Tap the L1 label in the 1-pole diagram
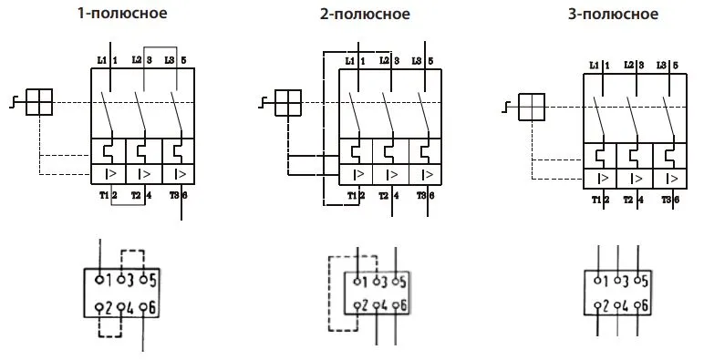(x=100, y=60)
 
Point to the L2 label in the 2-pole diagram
(x=384, y=61)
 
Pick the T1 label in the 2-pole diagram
(x=347, y=196)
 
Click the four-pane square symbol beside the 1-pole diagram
(x=39, y=103)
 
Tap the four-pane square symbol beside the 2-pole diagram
(x=287, y=103)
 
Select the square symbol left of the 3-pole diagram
(x=531, y=108)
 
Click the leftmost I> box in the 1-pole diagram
(x=109, y=173)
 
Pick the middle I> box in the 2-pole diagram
(x=390, y=173)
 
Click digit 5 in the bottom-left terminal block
(x=152, y=280)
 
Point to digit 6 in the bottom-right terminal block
(x=646, y=306)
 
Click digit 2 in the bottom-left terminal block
(x=109, y=309)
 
